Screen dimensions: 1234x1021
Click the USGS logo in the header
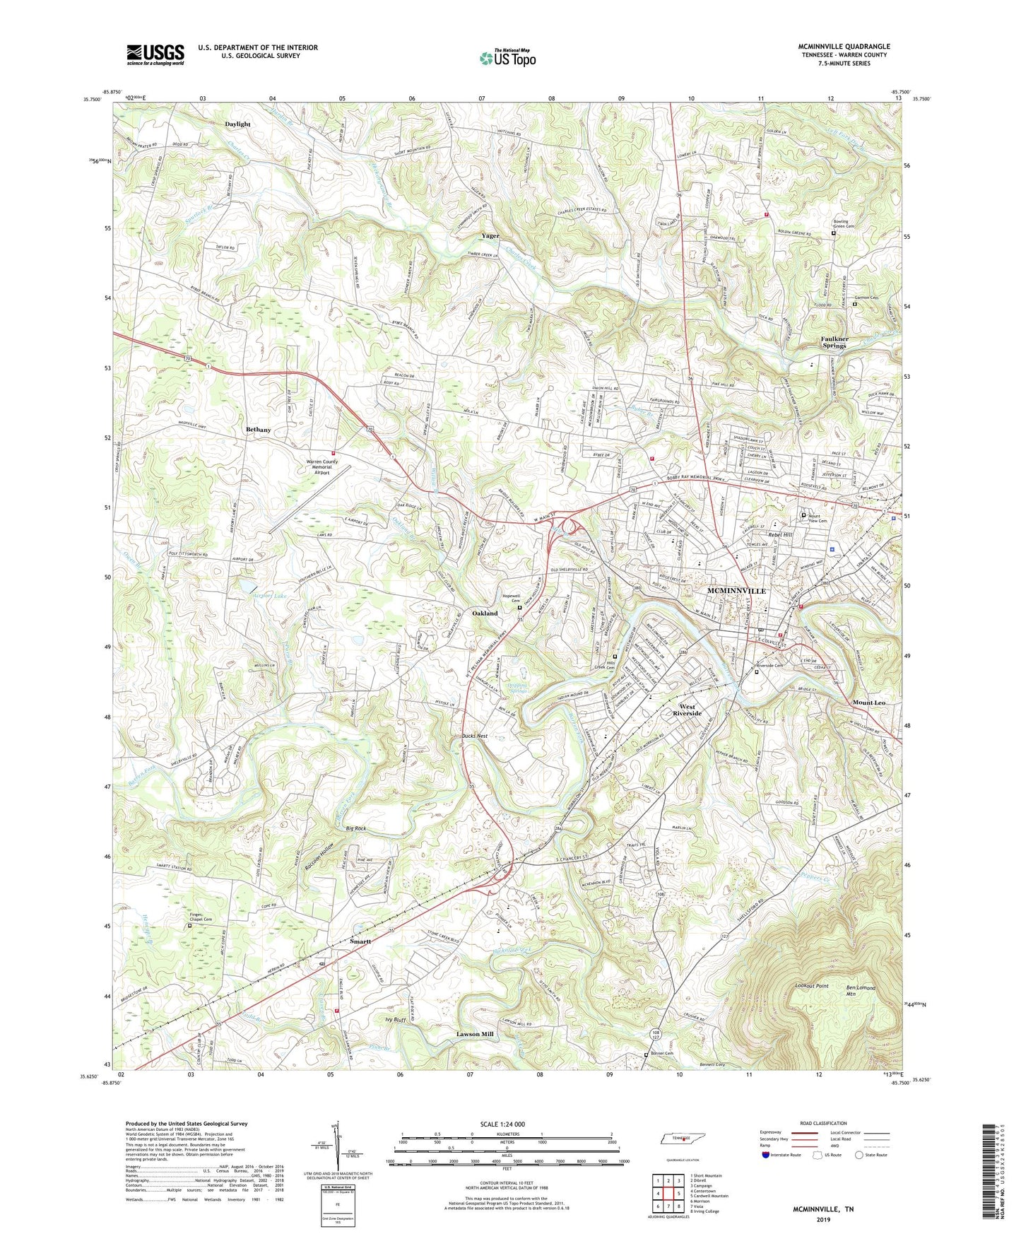pyautogui.click(x=155, y=54)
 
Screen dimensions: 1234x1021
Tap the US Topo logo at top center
pyautogui.click(x=507, y=58)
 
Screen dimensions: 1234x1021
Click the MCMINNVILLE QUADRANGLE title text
pyautogui.click(x=844, y=47)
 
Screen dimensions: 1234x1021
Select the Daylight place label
pyautogui.click(x=237, y=124)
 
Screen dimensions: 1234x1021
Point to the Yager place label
pyautogui.click(x=490, y=235)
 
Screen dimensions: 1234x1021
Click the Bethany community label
pyautogui.click(x=259, y=430)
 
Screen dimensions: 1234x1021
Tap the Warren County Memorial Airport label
pyautogui.click(x=321, y=467)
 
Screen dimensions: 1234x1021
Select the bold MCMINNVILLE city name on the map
pyautogui.click(x=737, y=591)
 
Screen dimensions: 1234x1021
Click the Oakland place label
pyautogui.click(x=485, y=613)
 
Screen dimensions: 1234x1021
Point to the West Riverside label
pyautogui.click(x=687, y=710)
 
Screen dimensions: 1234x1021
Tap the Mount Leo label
pyautogui.click(x=868, y=703)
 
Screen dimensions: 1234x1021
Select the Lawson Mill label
pyautogui.click(x=475, y=1034)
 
